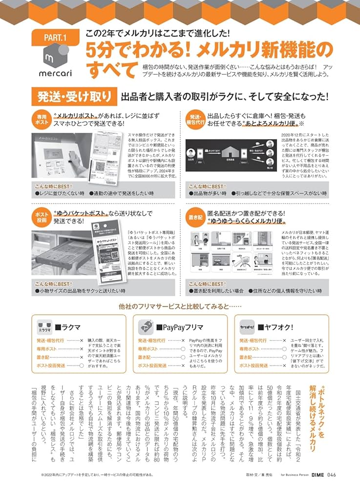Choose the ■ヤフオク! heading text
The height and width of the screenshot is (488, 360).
pyautogui.click(x=275, y=326)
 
